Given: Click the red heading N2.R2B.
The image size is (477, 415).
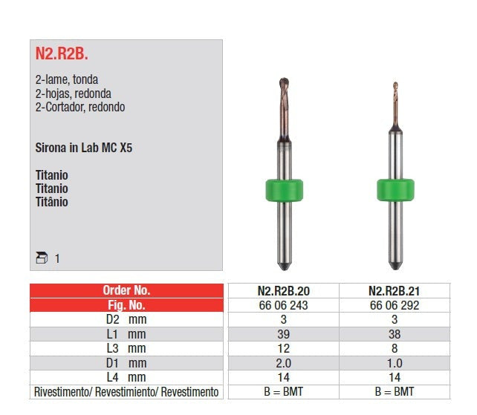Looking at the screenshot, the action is pyautogui.click(x=62, y=53).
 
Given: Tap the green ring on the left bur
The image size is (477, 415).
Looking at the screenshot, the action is pyautogui.click(x=284, y=190).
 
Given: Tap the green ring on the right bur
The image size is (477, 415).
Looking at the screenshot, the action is pyautogui.click(x=395, y=190).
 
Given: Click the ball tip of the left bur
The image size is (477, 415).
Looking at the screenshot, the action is pyautogui.click(x=284, y=82).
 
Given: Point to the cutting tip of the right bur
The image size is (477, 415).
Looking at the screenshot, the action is pyautogui.click(x=395, y=85).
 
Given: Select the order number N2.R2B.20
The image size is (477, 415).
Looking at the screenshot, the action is pyautogui.click(x=284, y=291).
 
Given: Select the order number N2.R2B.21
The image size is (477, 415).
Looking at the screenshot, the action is pyautogui.click(x=395, y=291).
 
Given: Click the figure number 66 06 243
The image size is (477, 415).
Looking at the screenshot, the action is pyautogui.click(x=284, y=305).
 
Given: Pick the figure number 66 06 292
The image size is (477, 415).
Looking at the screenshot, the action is pyautogui.click(x=395, y=305).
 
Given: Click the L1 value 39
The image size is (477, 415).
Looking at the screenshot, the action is pyautogui.click(x=284, y=334).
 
